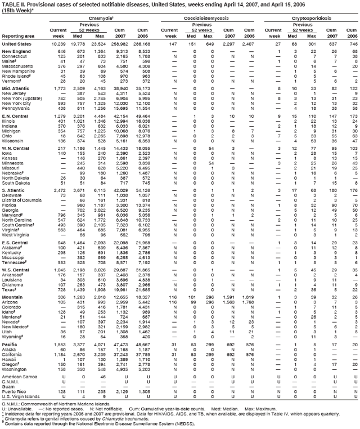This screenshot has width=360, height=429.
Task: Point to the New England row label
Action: coord(16,52)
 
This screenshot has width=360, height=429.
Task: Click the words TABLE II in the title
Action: coord(11,4)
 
